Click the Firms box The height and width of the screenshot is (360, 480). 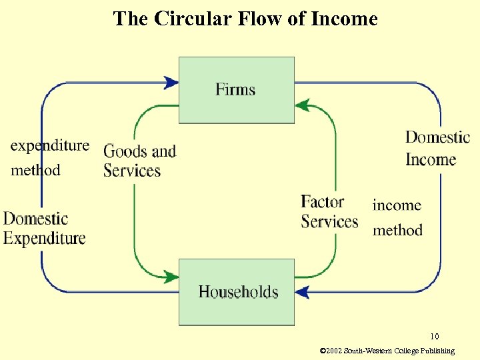236,89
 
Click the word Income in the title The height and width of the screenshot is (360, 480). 345,19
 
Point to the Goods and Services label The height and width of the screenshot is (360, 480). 139,161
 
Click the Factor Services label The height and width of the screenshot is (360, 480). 329,211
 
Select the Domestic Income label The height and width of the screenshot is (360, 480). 437,149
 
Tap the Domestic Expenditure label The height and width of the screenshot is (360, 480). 45,228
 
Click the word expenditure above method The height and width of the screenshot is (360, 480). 49,145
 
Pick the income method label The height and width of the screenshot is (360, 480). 397,217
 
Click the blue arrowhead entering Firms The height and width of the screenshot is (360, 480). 171,83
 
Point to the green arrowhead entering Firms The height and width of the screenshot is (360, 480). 302,105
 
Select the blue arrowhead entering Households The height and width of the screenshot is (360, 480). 303,291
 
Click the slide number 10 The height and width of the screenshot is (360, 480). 434,336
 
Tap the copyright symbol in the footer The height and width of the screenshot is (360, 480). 323,351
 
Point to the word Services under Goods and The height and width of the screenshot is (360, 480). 132,171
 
